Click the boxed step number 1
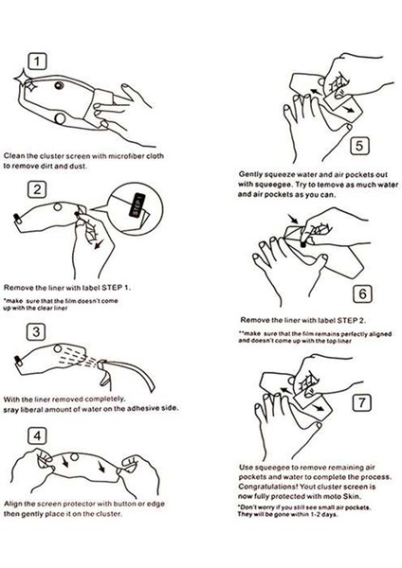[37, 62]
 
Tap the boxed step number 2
[37, 189]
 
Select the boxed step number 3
[36, 332]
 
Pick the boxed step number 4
[37, 435]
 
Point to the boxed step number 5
[359, 146]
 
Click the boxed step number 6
[362, 293]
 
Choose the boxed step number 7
[362, 402]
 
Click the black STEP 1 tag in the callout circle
[137, 205]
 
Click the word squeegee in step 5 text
[273, 185]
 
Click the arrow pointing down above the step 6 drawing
[293, 219]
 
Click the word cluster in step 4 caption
[108, 514]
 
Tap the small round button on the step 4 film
[74, 457]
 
